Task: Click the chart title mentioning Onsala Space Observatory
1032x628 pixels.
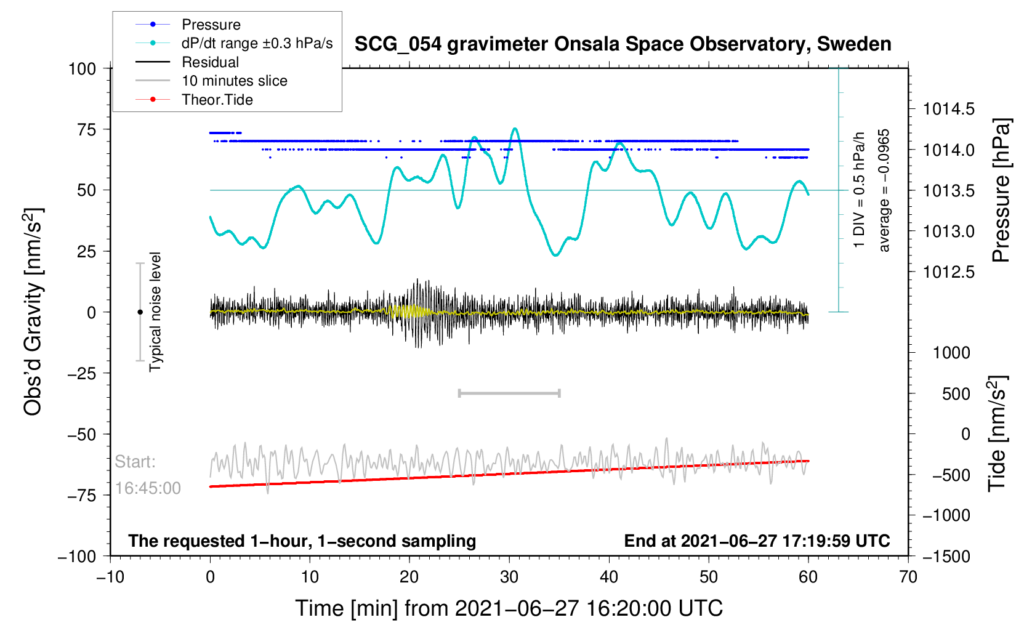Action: coord(623,44)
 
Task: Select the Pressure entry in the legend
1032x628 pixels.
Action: coord(211,25)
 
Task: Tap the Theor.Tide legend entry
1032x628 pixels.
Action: coord(217,100)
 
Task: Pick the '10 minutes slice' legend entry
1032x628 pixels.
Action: coord(234,81)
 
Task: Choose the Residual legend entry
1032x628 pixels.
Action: coord(210,62)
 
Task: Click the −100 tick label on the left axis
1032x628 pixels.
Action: coord(77,557)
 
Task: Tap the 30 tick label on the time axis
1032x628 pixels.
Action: coord(509,577)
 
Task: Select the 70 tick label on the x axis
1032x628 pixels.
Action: coord(908,577)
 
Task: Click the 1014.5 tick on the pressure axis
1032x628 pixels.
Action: coord(948,110)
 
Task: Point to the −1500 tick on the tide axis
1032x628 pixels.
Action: coord(946,557)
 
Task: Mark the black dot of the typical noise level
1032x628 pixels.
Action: coord(140,312)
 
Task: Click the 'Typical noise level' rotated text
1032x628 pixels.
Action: coord(155,312)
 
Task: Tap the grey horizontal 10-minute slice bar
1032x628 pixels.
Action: coord(509,393)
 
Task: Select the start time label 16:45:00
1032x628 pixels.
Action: coord(148,488)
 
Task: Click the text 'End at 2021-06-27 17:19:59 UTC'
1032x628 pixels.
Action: coord(757,541)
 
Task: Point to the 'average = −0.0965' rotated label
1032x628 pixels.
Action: coord(884,190)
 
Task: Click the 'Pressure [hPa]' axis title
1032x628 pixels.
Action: coord(1001,190)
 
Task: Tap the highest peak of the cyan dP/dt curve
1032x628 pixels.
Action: coord(515,129)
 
